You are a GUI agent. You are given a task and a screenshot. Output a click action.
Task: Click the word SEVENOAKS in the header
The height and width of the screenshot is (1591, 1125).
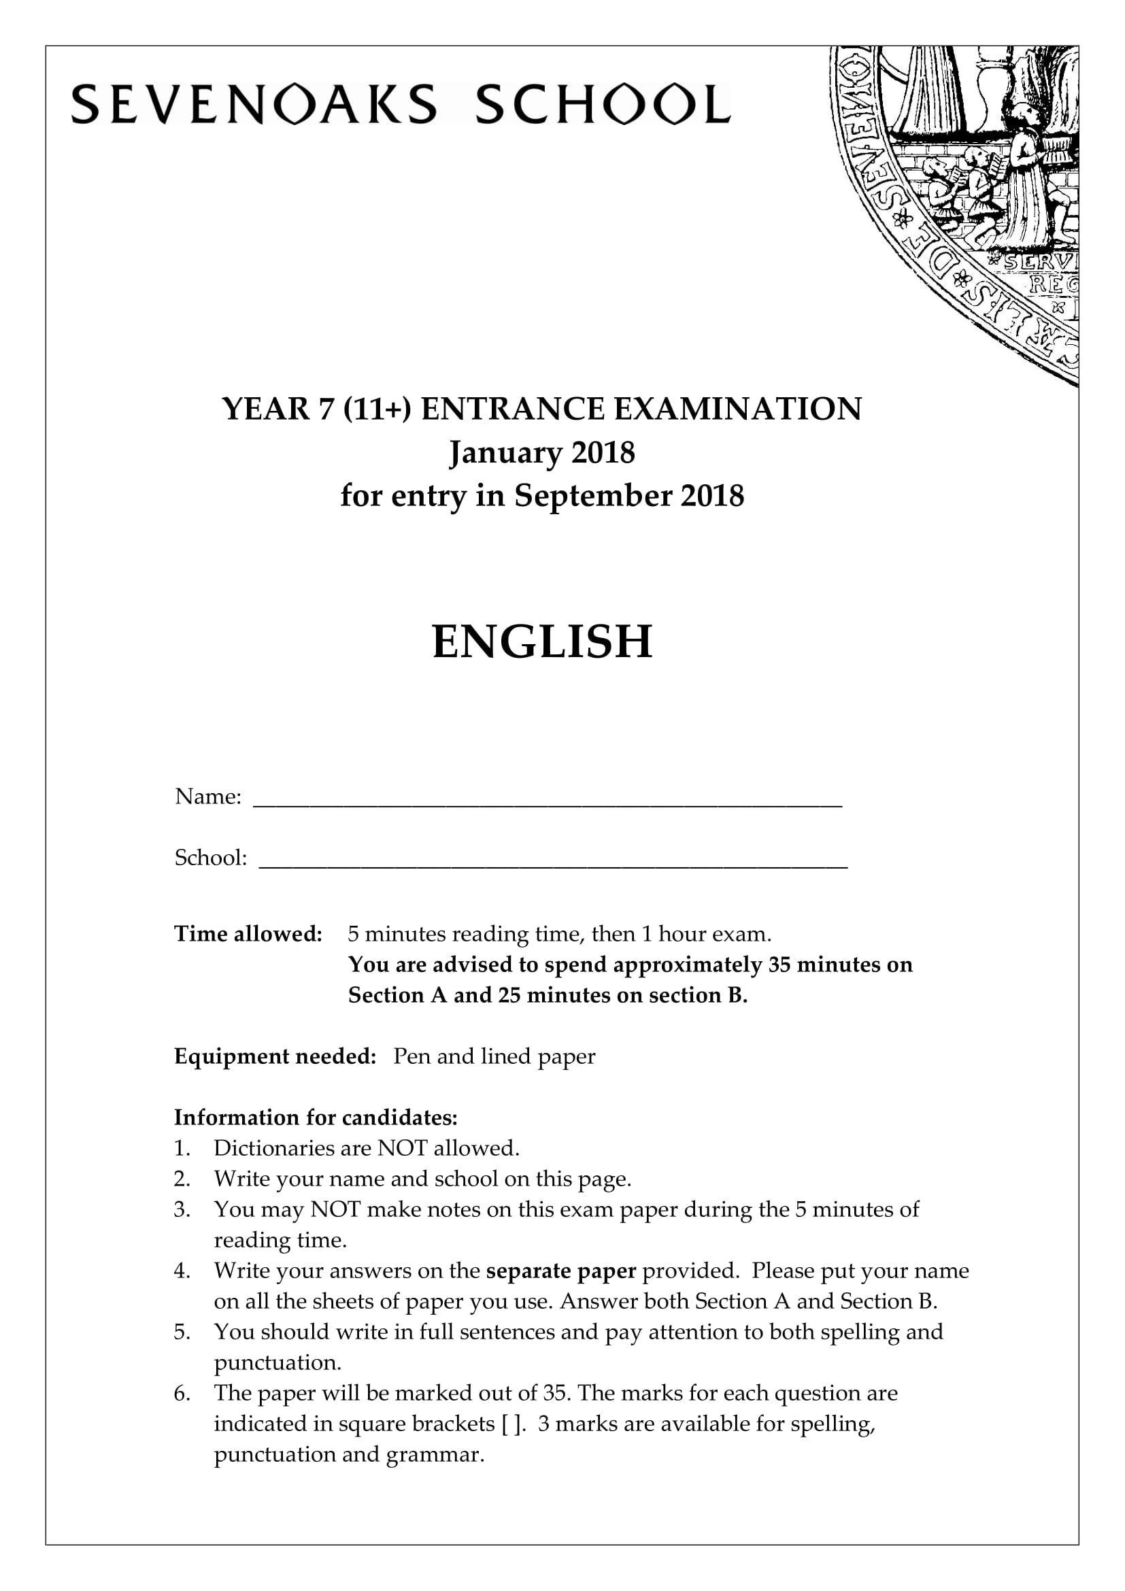pyautogui.click(x=254, y=105)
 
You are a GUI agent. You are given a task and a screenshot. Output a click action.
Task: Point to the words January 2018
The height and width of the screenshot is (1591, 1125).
pyautogui.click(x=541, y=453)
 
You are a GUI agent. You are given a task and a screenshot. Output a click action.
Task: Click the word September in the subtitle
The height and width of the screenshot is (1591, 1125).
pyautogui.click(x=593, y=496)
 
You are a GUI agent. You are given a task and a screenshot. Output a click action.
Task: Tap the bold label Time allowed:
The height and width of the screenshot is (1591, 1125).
pyautogui.click(x=248, y=934)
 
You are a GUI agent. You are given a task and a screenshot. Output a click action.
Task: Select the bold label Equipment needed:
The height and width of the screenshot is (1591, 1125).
pyautogui.click(x=275, y=1056)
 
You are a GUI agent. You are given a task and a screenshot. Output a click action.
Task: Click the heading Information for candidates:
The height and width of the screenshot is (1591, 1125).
pyautogui.click(x=316, y=1117)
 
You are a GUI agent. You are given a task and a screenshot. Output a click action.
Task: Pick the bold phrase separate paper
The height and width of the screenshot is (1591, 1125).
pyautogui.click(x=561, y=1270)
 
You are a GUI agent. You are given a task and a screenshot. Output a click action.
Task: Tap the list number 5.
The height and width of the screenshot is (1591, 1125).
pyautogui.click(x=182, y=1332)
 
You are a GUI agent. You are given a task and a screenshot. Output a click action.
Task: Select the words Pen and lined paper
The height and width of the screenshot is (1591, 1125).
pyautogui.click(x=494, y=1056)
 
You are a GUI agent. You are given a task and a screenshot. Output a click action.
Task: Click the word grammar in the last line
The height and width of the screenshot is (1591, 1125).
pyautogui.click(x=435, y=1454)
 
